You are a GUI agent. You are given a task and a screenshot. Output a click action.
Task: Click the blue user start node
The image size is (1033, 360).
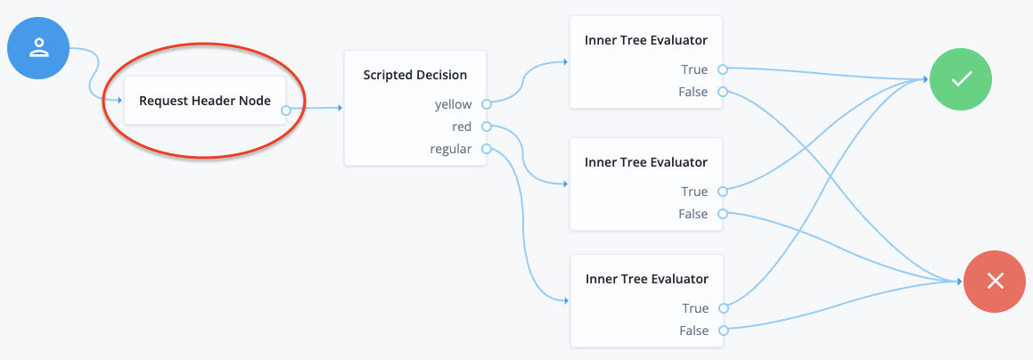point(38,48)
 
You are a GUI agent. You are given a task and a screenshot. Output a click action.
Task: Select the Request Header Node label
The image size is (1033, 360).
point(204,101)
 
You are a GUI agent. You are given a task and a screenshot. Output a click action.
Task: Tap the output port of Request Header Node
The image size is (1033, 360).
point(285,110)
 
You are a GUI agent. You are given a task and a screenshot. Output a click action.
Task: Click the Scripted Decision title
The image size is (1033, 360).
point(414,75)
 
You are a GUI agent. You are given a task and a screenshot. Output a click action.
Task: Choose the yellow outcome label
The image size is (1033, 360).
point(453,104)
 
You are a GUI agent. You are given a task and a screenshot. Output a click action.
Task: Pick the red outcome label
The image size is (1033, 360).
point(461,127)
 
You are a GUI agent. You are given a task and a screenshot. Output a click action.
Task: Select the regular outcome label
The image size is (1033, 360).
point(450,149)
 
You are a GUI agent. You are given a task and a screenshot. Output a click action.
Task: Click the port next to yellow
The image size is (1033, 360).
point(486,104)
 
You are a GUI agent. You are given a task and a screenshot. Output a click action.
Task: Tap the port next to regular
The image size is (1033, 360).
point(486,149)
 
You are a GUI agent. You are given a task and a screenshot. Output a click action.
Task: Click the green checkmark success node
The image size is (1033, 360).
point(960,79)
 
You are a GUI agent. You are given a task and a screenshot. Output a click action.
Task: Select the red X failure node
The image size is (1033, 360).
point(996,282)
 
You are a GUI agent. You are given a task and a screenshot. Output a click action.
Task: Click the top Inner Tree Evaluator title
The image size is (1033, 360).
point(645,39)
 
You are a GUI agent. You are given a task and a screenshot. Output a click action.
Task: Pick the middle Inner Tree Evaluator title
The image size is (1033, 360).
point(645,162)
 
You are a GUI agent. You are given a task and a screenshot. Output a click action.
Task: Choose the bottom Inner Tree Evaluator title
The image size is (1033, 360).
point(645,279)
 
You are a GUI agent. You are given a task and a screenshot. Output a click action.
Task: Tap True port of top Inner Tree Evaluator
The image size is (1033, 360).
point(723,70)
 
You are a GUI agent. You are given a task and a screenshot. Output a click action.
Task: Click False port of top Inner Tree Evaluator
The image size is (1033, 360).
point(723,92)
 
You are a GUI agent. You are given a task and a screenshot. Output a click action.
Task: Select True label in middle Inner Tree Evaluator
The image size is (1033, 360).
point(694,192)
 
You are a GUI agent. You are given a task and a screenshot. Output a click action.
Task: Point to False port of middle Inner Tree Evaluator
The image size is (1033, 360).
point(723,214)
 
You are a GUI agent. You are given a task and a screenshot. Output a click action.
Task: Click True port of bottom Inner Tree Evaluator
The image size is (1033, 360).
point(723,308)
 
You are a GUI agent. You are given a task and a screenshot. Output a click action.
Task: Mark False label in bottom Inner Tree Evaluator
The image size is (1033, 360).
point(693,331)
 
